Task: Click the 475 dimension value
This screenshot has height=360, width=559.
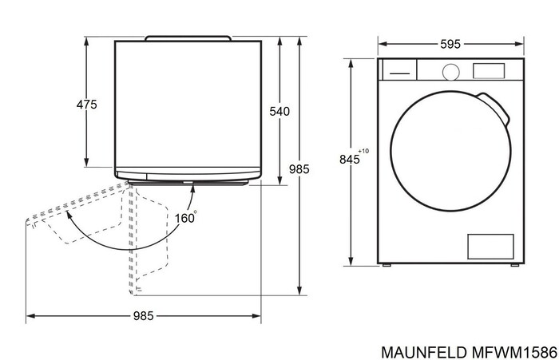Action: (86, 105)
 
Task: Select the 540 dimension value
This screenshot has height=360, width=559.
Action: (279, 112)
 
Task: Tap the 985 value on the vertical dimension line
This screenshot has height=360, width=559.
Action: (299, 169)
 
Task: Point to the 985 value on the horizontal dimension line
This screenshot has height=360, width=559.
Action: (143, 316)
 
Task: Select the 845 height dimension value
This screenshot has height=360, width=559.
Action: (349, 160)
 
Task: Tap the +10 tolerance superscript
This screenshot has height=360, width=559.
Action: (363, 151)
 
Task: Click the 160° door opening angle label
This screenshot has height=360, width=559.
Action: (186, 216)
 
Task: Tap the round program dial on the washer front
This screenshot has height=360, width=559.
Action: (451, 71)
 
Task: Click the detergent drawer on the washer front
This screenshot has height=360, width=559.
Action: (398, 71)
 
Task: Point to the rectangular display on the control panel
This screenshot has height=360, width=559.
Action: (490, 70)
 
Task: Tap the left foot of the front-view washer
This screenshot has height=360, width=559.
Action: (389, 265)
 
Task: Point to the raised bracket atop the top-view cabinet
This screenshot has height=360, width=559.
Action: (188, 37)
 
